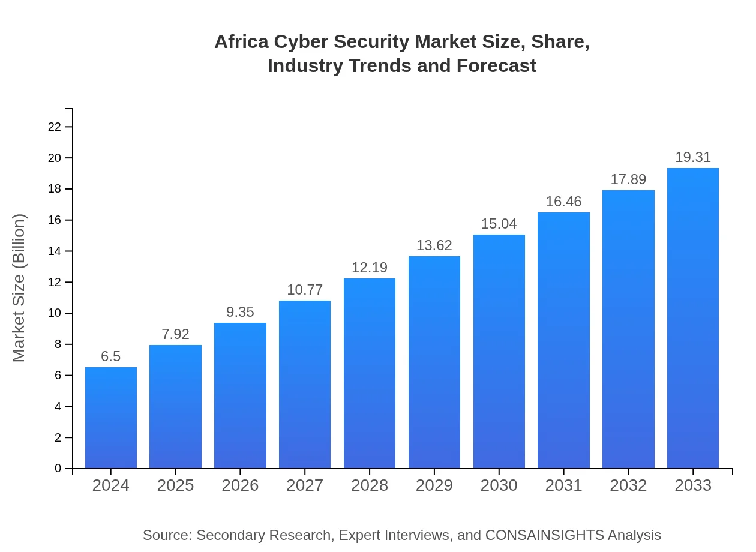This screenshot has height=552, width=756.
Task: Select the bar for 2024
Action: (x=111, y=418)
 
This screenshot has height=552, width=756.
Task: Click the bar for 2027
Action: (x=305, y=384)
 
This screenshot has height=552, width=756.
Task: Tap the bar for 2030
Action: (x=499, y=351)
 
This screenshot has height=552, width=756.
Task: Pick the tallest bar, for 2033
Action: (x=692, y=318)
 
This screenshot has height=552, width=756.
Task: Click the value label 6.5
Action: (x=111, y=356)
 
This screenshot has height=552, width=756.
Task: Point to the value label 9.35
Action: (x=240, y=312)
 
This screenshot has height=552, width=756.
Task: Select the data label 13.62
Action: (x=434, y=245)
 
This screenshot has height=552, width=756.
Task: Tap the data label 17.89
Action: (x=628, y=179)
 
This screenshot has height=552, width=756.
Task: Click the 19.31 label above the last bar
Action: (x=692, y=158)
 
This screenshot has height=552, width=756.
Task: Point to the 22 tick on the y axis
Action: (x=55, y=127)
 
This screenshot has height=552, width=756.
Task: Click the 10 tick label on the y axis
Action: (x=55, y=313)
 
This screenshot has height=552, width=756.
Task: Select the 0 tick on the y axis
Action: (x=58, y=469)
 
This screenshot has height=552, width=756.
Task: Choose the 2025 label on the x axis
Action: (x=175, y=485)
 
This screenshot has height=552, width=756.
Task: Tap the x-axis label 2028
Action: (x=370, y=485)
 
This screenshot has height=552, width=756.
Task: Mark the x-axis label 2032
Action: (x=628, y=485)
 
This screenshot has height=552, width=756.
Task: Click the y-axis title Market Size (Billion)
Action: (x=19, y=288)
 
